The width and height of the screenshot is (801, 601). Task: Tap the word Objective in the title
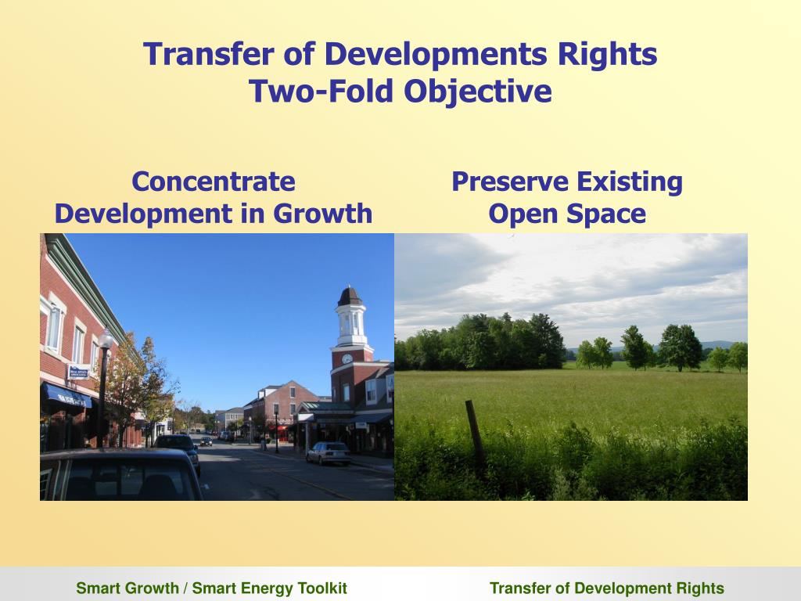click(x=478, y=92)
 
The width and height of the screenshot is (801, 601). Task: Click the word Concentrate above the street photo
click(x=214, y=182)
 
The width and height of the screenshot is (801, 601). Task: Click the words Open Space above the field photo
click(x=567, y=214)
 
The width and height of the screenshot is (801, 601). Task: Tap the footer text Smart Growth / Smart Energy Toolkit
click(x=211, y=588)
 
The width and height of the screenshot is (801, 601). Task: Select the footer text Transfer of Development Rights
click(x=606, y=588)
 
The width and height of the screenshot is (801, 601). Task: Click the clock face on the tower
click(x=347, y=359)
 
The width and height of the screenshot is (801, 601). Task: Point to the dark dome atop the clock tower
click(x=349, y=297)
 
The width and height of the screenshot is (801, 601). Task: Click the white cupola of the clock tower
click(x=350, y=322)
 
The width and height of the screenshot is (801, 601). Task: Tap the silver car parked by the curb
click(x=329, y=452)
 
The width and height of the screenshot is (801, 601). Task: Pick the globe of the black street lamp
click(x=104, y=340)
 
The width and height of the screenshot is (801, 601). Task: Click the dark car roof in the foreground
click(x=117, y=458)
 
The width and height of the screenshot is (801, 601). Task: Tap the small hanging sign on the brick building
click(x=78, y=372)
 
